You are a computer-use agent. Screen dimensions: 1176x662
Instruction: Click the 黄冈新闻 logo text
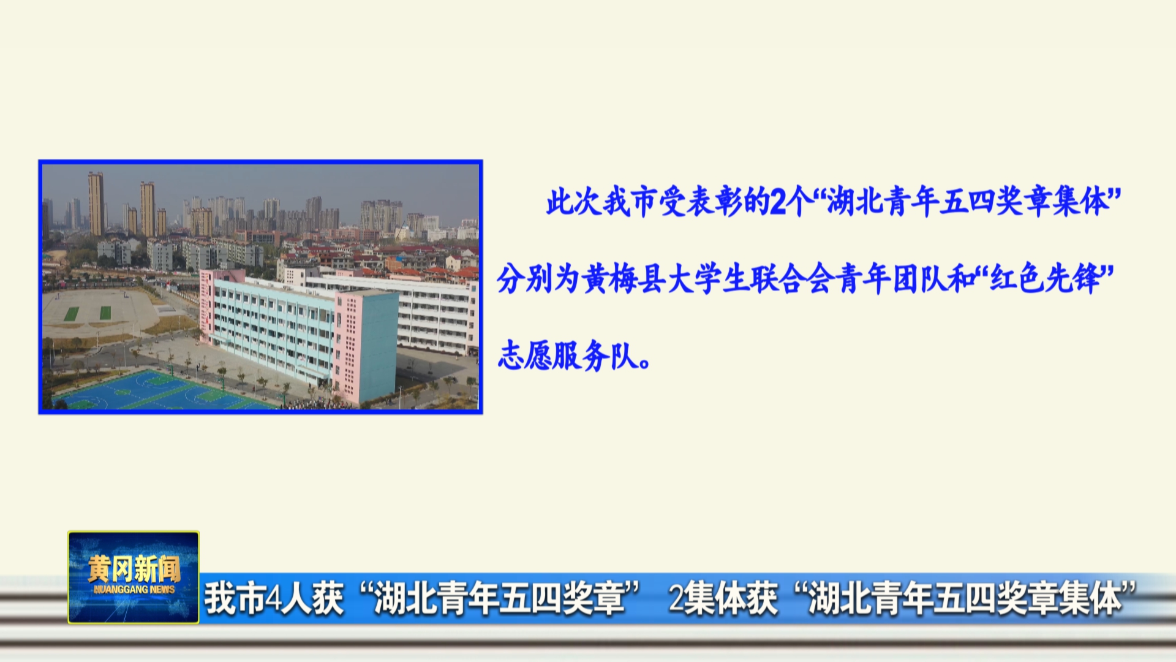coord(134,569)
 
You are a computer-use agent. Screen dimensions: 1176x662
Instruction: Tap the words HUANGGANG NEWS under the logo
coord(134,590)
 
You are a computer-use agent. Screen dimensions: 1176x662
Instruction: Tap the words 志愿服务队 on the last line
coord(567,356)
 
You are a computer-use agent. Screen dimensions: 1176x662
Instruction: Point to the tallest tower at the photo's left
coord(96,204)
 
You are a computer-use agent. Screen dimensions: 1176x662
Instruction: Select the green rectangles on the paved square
coord(89,313)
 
